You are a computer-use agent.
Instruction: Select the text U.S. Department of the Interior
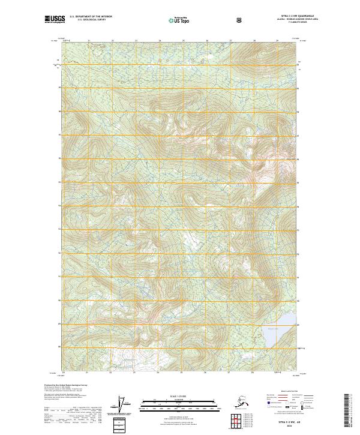click(91, 17)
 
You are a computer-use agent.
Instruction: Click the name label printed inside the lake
click(272, 328)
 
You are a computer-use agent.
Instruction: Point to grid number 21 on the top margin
click(89, 41)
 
